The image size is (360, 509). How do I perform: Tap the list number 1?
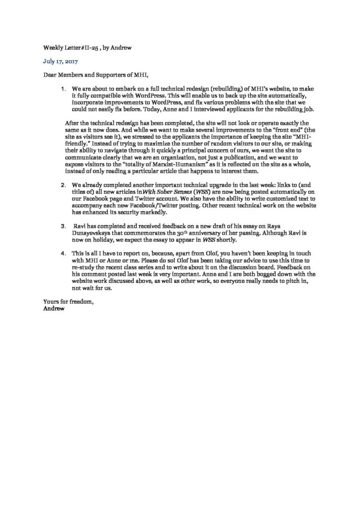62,89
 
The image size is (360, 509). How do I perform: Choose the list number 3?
63,226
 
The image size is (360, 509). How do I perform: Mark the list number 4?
63,254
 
